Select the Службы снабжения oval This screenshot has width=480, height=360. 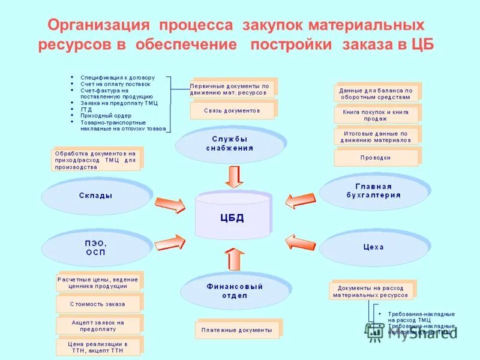pyautogui.click(x=229, y=143)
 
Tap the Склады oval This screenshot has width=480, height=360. pyautogui.click(x=95, y=196)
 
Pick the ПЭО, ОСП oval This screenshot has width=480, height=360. pyautogui.click(x=95, y=247)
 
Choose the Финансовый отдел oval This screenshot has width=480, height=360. pyautogui.click(x=235, y=290)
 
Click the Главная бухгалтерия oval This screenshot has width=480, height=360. pyautogui.click(x=373, y=191)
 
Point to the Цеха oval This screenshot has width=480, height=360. pyautogui.click(x=373, y=247)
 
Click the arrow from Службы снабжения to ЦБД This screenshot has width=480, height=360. pyautogui.click(x=233, y=176)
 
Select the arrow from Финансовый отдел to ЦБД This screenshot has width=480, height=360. pyautogui.click(x=235, y=260)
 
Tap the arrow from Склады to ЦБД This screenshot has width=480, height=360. pyautogui.click(x=170, y=205)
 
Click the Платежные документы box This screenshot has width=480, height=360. pyautogui.click(x=236, y=330)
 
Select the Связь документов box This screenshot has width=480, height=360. pyautogui.click(x=232, y=110)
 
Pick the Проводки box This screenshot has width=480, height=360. pyautogui.click(x=376, y=158)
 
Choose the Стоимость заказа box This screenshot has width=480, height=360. pyautogui.click(x=98, y=304)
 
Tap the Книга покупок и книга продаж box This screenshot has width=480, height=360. pyautogui.click(x=376, y=115)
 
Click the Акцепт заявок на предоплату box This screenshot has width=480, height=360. pyautogui.click(x=98, y=326)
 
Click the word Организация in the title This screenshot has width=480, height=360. pyautogui.click(x=98, y=25)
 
